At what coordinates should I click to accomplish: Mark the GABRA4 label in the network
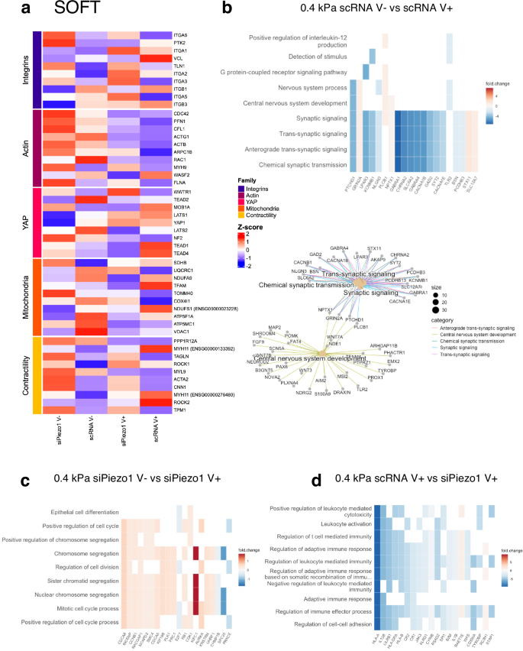pyautogui.click(x=340, y=248)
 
